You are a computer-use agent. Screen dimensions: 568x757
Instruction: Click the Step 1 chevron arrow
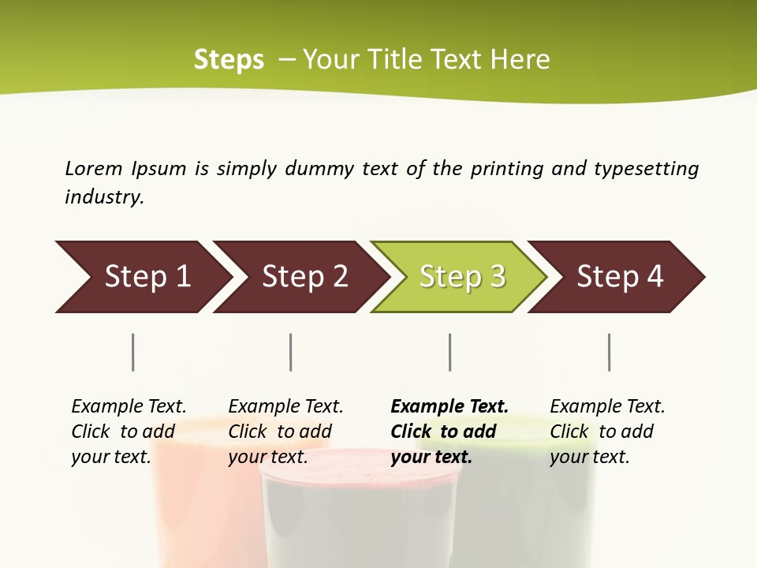pyautogui.click(x=146, y=277)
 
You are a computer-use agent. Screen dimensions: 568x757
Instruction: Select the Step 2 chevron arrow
pyautogui.click(x=304, y=277)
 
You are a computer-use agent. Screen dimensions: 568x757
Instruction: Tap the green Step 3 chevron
pyautogui.click(x=461, y=277)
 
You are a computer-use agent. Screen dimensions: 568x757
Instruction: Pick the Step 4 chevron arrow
pyautogui.click(x=619, y=277)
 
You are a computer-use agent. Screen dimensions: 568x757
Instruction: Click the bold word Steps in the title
pyautogui.click(x=229, y=59)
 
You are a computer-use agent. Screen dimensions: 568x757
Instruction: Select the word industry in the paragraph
pyautogui.click(x=104, y=196)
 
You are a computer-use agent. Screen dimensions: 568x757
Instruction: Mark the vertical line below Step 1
pyautogui.click(x=133, y=352)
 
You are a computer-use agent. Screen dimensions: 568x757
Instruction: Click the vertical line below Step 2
pyautogui.click(x=291, y=352)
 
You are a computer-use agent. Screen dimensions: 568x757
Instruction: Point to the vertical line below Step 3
pyautogui.click(x=450, y=352)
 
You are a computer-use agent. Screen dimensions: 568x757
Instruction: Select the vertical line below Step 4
pyautogui.click(x=610, y=352)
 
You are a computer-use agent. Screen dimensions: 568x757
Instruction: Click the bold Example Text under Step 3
pyautogui.click(x=449, y=406)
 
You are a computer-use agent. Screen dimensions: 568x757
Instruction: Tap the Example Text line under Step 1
pyautogui.click(x=129, y=406)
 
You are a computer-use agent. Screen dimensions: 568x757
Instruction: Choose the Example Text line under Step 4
pyautogui.click(x=607, y=406)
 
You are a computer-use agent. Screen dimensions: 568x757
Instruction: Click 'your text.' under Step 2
pyautogui.click(x=267, y=457)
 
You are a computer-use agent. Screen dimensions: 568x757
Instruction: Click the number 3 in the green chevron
pyautogui.click(x=497, y=277)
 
